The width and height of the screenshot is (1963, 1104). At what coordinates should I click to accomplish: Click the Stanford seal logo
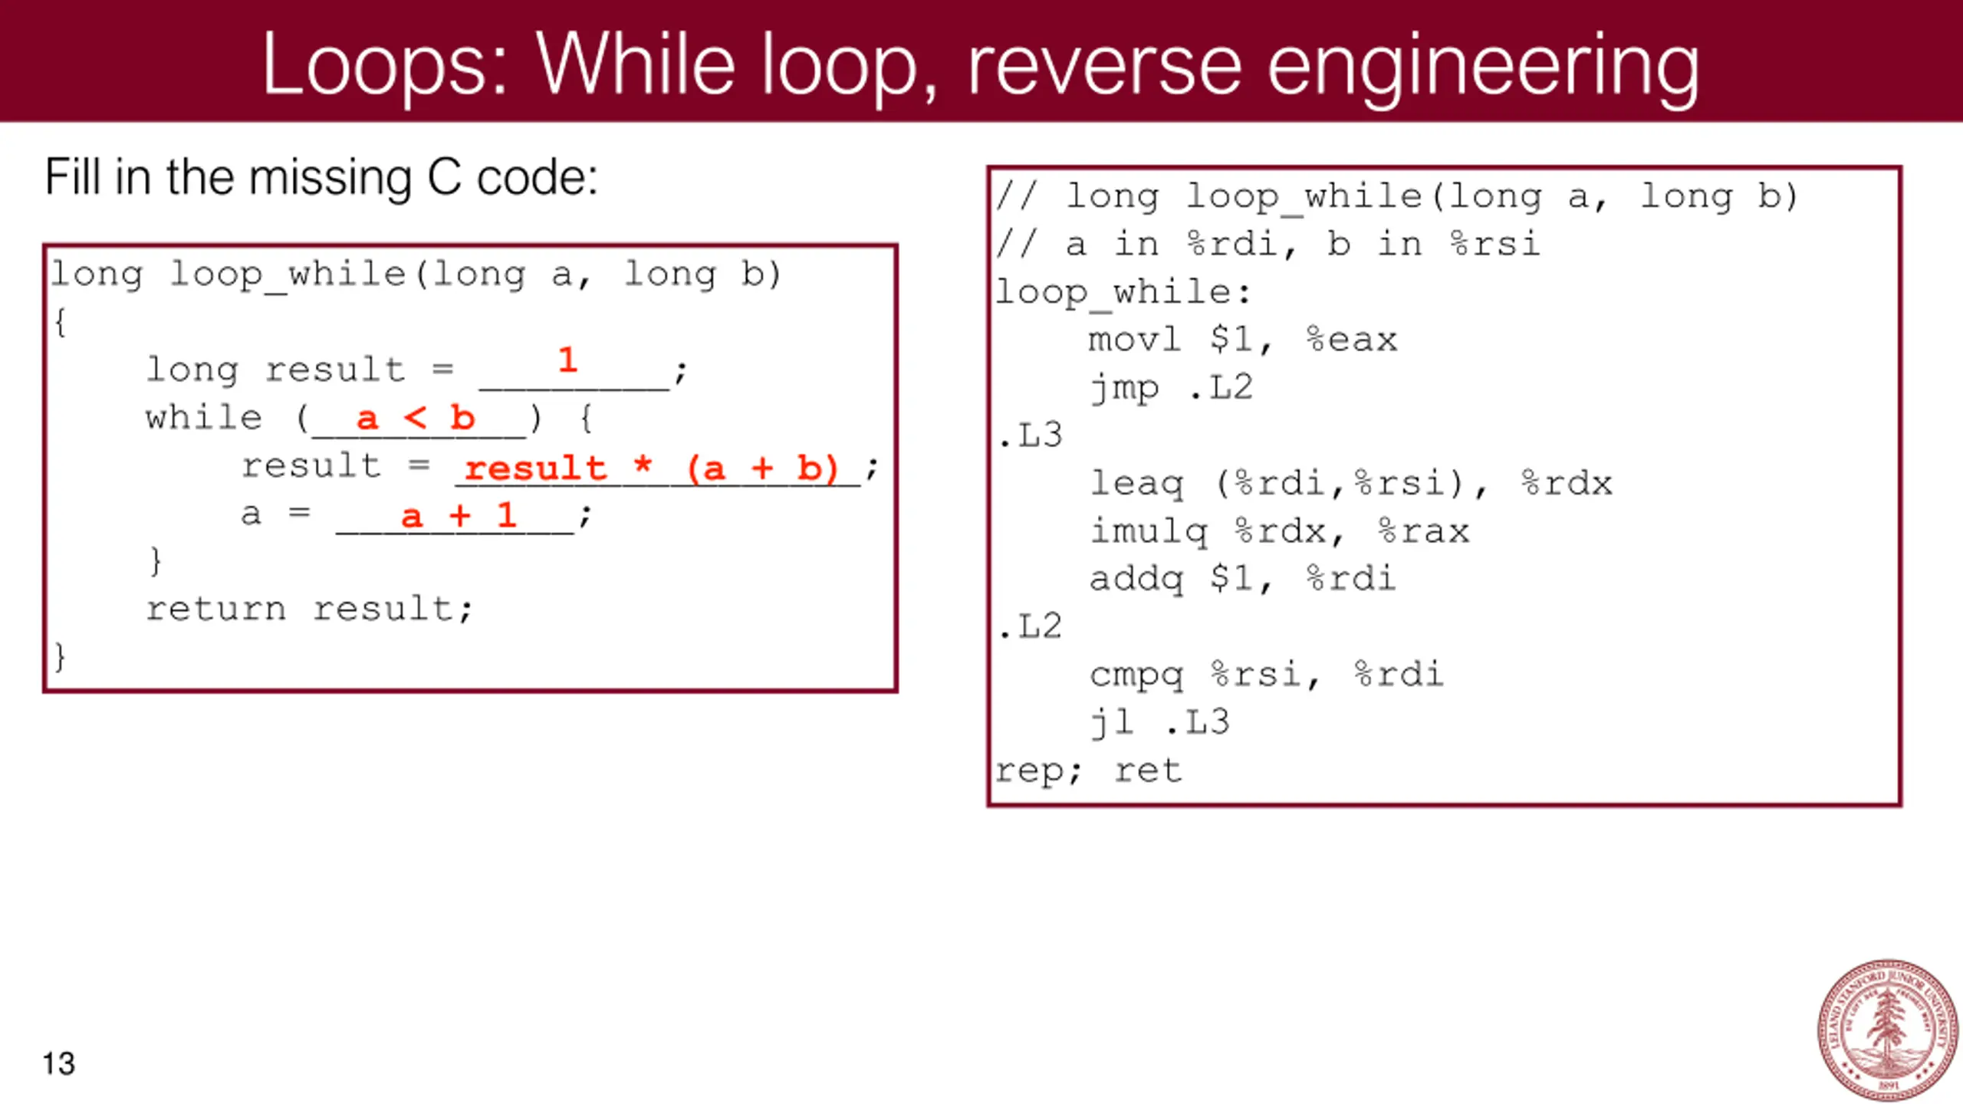point(1888,1030)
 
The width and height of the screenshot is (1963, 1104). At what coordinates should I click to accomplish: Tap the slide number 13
point(58,1063)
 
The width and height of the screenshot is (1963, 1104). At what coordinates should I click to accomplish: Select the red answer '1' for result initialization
point(567,360)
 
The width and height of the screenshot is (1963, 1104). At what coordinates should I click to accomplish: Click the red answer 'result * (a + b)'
point(652,468)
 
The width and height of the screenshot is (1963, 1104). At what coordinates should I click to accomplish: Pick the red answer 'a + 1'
point(459,515)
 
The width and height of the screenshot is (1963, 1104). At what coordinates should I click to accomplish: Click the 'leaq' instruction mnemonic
point(1136,483)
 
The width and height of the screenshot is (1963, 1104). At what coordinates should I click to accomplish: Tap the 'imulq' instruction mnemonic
point(1149,531)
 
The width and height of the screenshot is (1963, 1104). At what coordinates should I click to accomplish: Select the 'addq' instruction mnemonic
point(1136,579)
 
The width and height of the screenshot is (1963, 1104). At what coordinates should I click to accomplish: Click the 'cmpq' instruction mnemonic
point(1136,675)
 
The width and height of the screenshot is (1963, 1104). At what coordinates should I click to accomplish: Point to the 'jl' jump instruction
point(1112,722)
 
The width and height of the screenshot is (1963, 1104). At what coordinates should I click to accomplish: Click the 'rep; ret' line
point(1089,770)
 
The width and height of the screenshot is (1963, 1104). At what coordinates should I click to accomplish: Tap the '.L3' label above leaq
point(1031,435)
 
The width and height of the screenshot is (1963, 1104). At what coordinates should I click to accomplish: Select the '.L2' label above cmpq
point(1031,626)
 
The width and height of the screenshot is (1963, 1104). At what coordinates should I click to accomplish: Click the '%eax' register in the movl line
point(1352,340)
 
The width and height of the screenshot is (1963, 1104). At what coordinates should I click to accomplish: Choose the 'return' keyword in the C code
point(216,609)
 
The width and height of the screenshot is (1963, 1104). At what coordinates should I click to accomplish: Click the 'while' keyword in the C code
point(204,418)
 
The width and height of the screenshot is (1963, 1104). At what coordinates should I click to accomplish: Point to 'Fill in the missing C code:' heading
point(321,178)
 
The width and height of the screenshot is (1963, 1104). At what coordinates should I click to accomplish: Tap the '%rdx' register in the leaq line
point(1567,483)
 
